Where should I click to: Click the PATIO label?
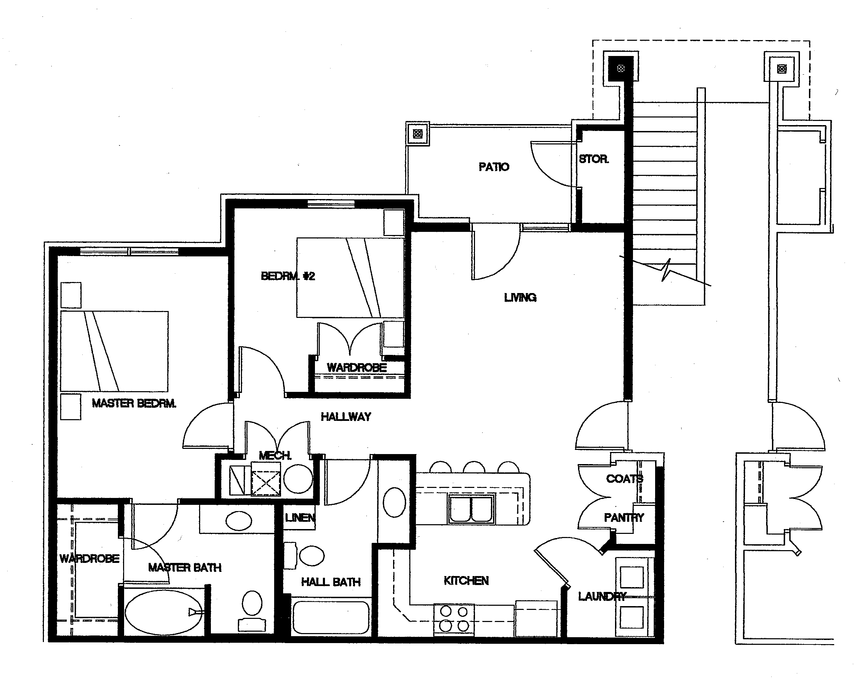pos(494,167)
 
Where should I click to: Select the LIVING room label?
pos(520,298)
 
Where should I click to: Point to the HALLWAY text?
pos(346,417)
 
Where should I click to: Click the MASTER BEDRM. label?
pos(134,403)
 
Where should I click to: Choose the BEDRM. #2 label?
pos(288,276)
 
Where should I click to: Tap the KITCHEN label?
pos(466,581)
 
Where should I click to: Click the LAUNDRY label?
pos(602,596)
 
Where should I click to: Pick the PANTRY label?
pos(624,518)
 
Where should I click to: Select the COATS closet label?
pos(624,479)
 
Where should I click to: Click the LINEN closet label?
pos(300,518)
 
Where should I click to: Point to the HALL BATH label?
pos(331,582)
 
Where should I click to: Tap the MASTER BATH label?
pos(185,568)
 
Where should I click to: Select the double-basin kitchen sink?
pos(472,509)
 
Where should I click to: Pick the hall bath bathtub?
pos(331,617)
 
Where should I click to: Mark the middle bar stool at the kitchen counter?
pos(474,467)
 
